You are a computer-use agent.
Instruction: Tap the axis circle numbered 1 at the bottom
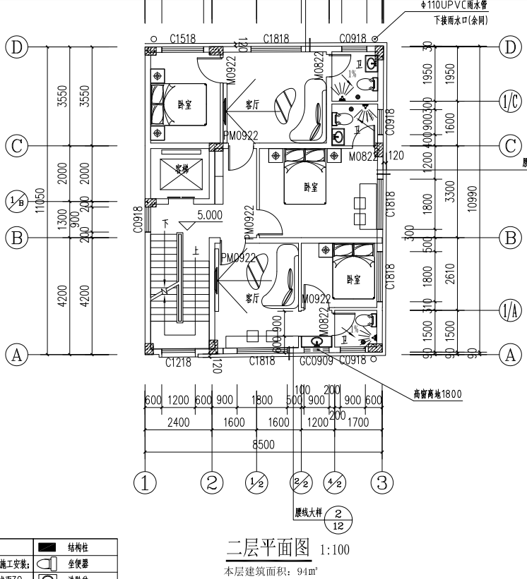(x=145, y=483)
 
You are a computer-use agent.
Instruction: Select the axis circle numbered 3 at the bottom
(x=381, y=483)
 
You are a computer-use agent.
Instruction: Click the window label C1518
(x=182, y=39)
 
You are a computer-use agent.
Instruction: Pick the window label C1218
(x=179, y=362)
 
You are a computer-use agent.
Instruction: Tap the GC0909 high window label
(x=316, y=362)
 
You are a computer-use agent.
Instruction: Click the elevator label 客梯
(x=182, y=169)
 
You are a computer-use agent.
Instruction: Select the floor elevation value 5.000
(x=210, y=215)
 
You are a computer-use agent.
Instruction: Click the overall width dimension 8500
(x=263, y=445)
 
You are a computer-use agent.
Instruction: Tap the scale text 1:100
(x=335, y=549)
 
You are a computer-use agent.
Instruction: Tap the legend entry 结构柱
(x=78, y=548)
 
